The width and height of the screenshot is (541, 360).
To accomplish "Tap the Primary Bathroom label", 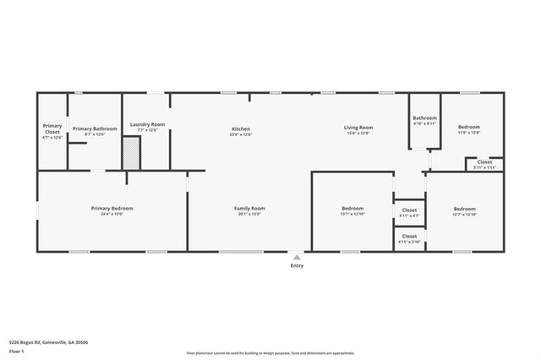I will [x=95, y=128].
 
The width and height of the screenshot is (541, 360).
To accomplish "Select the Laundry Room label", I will [x=147, y=125].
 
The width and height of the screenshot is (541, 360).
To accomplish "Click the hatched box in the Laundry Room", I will [x=130, y=154].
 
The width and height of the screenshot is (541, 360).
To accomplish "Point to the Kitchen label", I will [x=241, y=128].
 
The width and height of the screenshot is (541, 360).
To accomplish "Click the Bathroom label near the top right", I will [x=424, y=118].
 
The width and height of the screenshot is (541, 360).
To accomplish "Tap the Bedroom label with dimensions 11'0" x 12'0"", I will [x=468, y=128].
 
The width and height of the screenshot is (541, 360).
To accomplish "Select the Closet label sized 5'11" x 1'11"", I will [x=484, y=162].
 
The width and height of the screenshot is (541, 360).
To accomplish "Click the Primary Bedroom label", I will [x=112, y=208].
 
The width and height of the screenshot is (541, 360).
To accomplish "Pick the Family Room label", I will [x=249, y=208].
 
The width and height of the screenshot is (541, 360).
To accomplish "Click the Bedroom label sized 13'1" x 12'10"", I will [x=352, y=208].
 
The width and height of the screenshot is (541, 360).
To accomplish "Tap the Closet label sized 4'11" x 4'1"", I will [x=409, y=210].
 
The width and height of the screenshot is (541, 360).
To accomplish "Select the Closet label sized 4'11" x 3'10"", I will [x=409, y=237].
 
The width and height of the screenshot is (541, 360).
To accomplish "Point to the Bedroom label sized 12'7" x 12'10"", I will [x=464, y=209].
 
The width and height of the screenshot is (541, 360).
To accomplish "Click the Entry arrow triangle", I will [x=297, y=256].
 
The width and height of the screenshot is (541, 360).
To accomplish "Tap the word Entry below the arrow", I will [x=297, y=265].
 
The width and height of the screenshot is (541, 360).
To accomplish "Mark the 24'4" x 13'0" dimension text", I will [x=112, y=214].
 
